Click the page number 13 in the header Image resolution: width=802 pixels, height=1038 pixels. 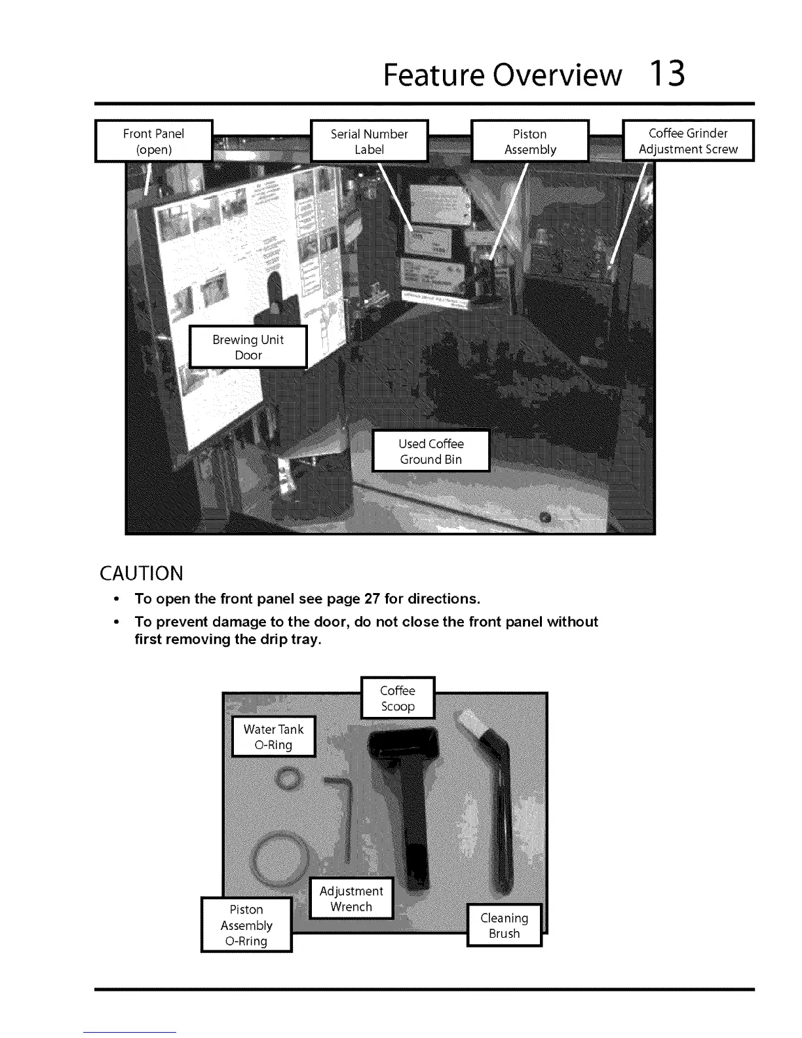pyautogui.click(x=667, y=73)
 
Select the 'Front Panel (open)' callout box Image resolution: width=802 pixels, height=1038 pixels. pyautogui.click(x=154, y=141)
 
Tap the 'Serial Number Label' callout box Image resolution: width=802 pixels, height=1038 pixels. pyautogui.click(x=369, y=141)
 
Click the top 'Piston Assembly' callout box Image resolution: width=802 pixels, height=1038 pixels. pyautogui.click(x=530, y=141)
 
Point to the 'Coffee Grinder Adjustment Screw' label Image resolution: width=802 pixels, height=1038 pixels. pyautogui.click(x=688, y=140)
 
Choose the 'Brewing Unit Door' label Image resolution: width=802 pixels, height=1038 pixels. pyautogui.click(x=248, y=347)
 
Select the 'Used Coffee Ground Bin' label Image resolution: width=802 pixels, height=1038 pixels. pyautogui.click(x=430, y=451)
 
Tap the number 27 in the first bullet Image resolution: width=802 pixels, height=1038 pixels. pyautogui.click(x=373, y=599)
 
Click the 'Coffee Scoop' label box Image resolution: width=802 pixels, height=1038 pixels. pyautogui.click(x=398, y=698)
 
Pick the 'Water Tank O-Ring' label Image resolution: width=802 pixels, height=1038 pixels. pyautogui.click(x=273, y=737)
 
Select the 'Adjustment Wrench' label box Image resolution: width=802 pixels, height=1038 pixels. pyautogui.click(x=351, y=898)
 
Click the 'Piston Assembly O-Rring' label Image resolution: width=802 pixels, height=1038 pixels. pyautogui.click(x=246, y=925)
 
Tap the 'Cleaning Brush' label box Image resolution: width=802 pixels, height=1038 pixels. pyautogui.click(x=504, y=925)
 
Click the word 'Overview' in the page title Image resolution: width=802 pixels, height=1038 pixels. pyautogui.click(x=557, y=75)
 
